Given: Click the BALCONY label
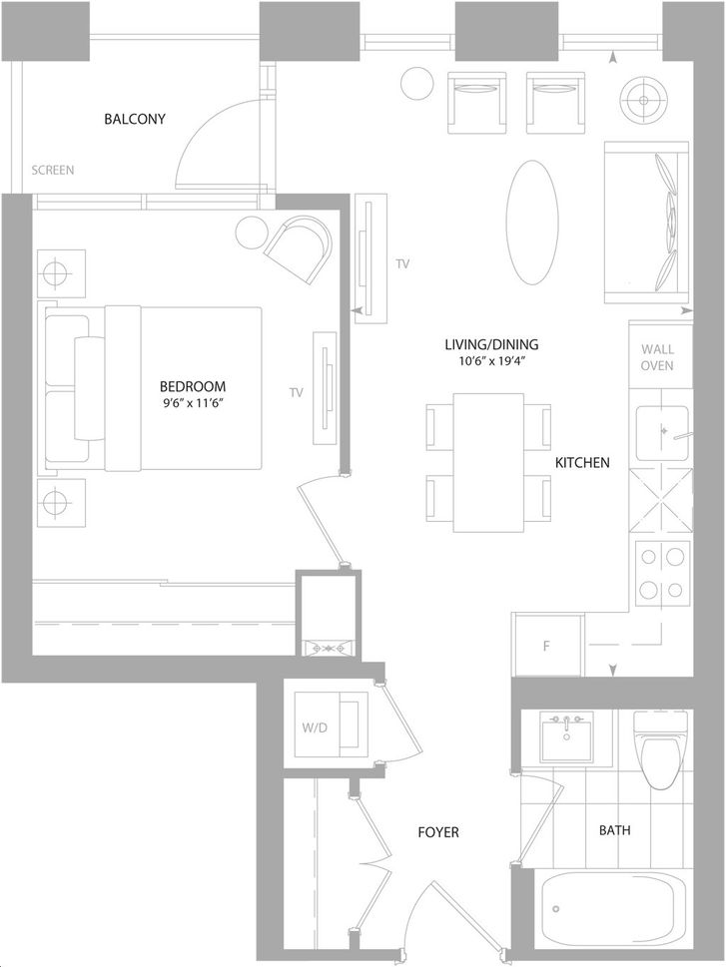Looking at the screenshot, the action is [135, 119].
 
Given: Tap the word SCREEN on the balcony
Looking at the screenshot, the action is [53, 170].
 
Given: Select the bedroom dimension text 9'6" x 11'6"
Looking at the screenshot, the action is [192, 403].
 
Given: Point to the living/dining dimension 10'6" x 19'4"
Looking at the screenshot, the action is [491, 361].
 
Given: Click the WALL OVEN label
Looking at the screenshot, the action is [657, 357].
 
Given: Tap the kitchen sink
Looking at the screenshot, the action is [662, 433].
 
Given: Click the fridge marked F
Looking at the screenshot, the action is [547, 645].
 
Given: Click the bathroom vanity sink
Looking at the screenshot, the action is [566, 736].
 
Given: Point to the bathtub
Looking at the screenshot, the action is [613, 914].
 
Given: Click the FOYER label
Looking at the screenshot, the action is [438, 832].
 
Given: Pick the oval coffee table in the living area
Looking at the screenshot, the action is [532, 223].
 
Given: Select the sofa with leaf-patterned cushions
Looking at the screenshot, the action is [646, 223].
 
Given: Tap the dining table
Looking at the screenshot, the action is [488, 462].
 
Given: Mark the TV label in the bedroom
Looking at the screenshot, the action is [297, 392].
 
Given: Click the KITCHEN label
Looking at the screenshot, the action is [582, 462].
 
